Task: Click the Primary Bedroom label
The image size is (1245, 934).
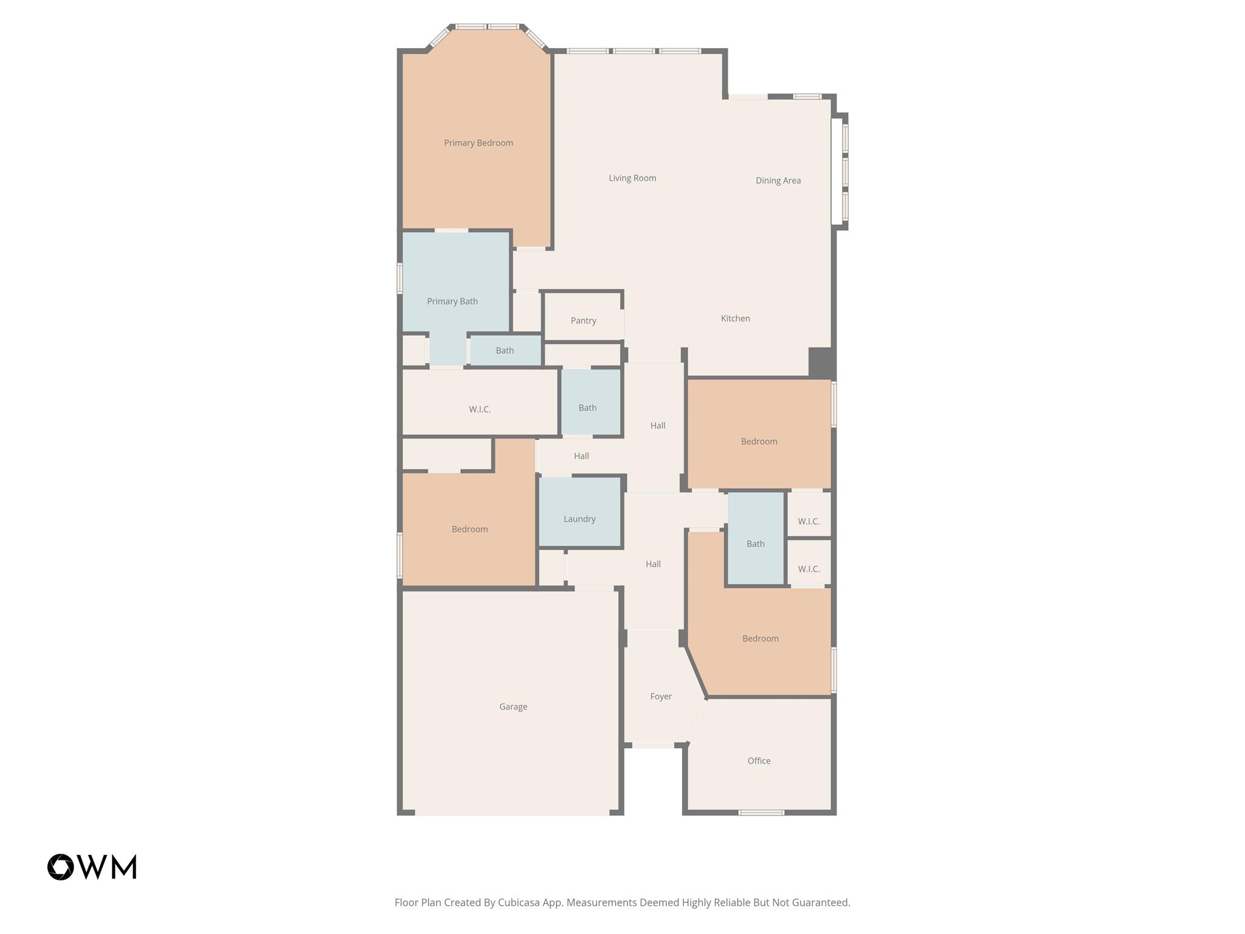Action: [478, 143]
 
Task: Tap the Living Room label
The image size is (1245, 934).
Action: [632, 178]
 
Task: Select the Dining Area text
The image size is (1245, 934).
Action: [778, 181]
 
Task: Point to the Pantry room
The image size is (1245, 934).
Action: [583, 320]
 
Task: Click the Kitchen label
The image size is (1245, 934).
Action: [735, 319]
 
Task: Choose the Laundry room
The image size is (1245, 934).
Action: [579, 519]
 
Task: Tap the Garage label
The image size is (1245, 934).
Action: [513, 707]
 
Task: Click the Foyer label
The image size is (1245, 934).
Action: [661, 696]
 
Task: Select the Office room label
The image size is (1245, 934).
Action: [759, 761]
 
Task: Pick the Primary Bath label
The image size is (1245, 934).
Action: [452, 302]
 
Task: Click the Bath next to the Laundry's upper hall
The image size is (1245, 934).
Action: [587, 408]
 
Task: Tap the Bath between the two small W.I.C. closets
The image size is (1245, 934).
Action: [756, 544]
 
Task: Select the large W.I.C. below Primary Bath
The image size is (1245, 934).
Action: [480, 409]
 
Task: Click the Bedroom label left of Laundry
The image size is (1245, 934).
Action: [469, 529]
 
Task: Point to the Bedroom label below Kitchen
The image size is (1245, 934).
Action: [759, 441]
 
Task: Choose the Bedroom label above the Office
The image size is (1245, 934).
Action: [760, 638]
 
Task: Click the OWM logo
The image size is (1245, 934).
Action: [92, 867]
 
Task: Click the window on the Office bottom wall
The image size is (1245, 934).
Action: [761, 812]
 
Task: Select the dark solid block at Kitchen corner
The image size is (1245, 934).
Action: [820, 362]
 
